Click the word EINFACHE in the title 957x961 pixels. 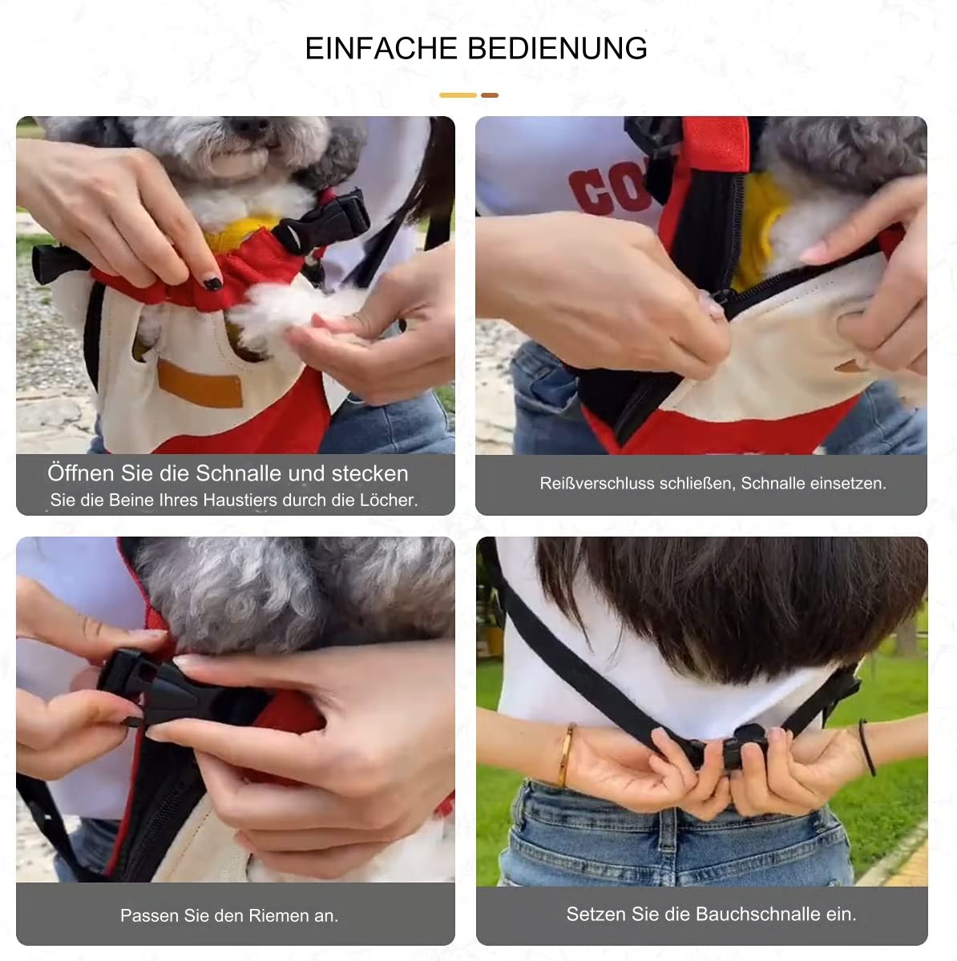pyautogui.click(x=382, y=48)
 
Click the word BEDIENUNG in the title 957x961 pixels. pyautogui.click(x=557, y=48)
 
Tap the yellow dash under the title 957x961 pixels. pyautogui.click(x=458, y=95)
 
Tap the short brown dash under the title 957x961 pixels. pyautogui.click(x=489, y=95)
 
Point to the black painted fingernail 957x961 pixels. pyautogui.click(x=213, y=283)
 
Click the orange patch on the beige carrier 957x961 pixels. pyautogui.click(x=200, y=383)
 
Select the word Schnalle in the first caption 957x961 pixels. pyautogui.click(x=239, y=473)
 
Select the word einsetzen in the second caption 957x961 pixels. pyautogui.click(x=849, y=483)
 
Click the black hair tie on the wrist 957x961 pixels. pyautogui.click(x=868, y=748)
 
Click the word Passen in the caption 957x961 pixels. pyautogui.click(x=149, y=915)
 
